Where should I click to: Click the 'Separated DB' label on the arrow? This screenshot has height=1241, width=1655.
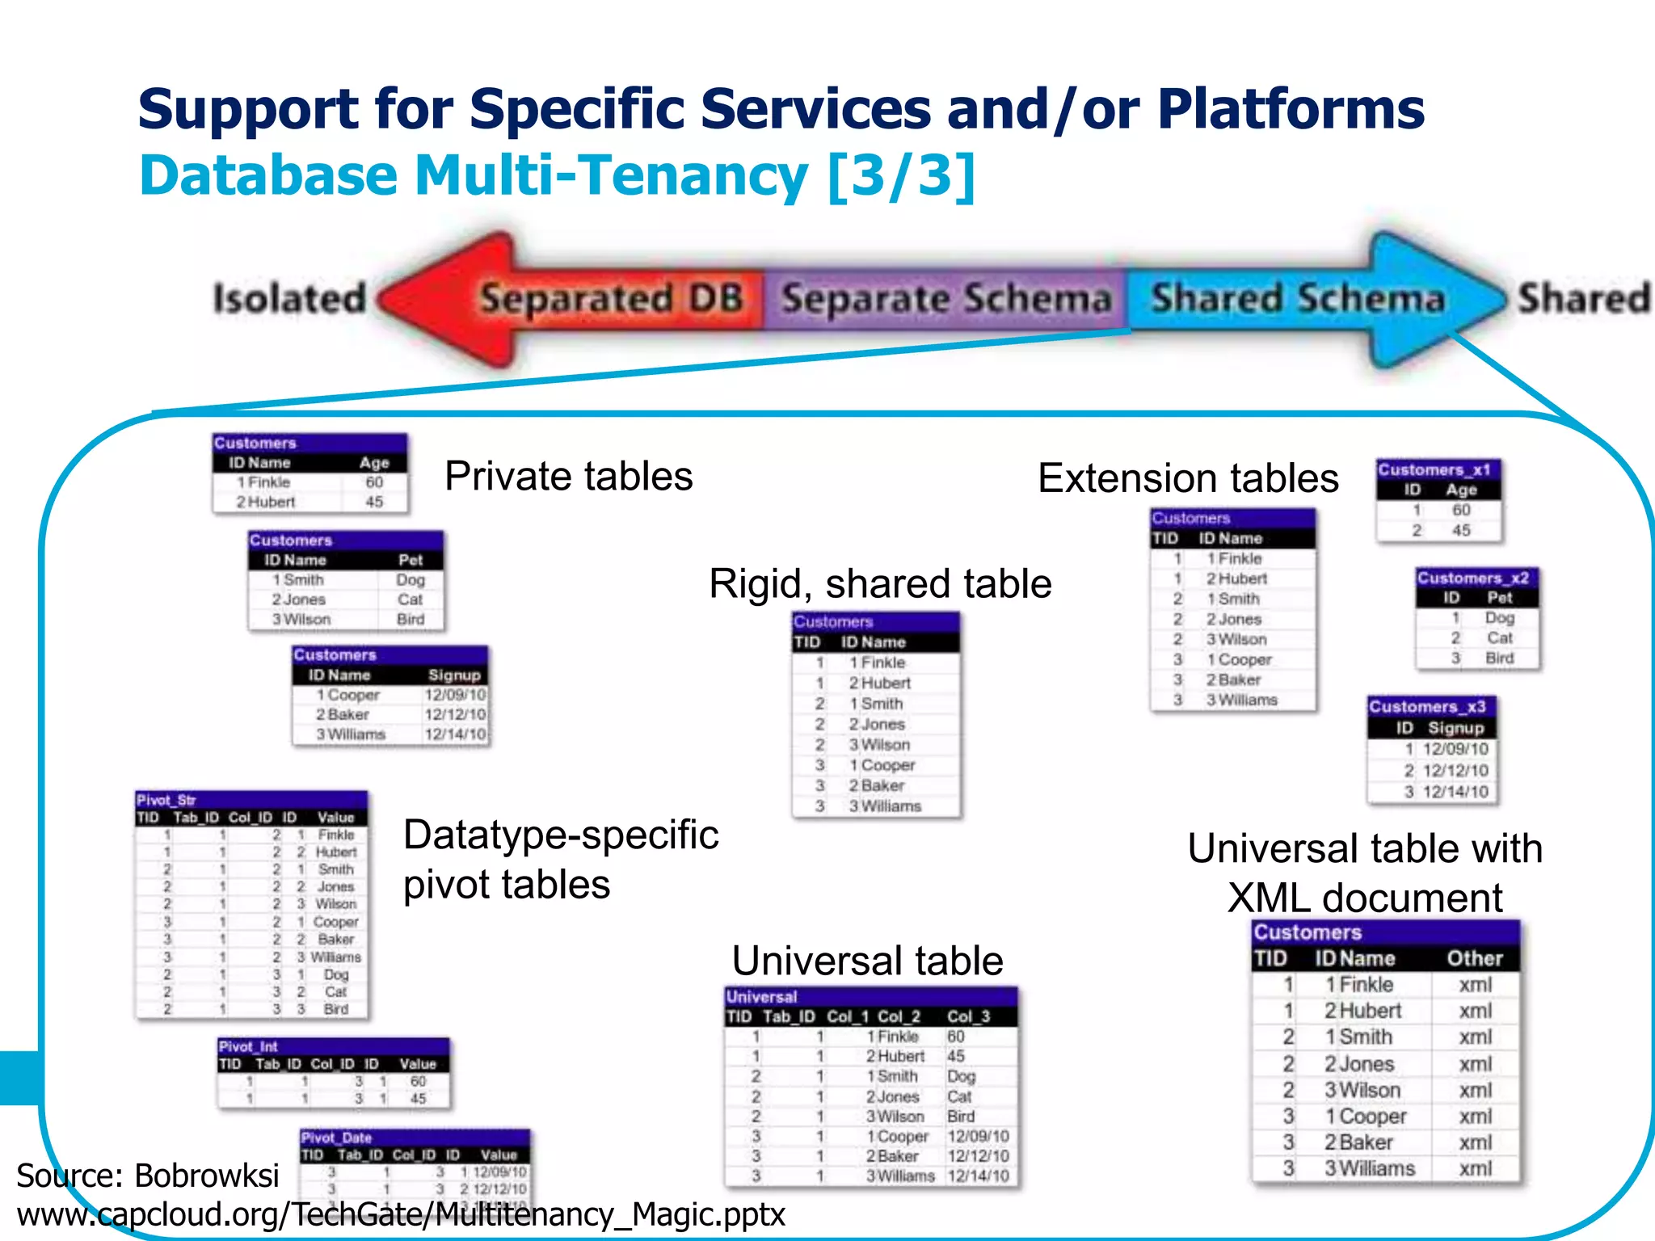[x=611, y=298]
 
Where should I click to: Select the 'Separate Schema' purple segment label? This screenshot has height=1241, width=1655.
[x=945, y=298]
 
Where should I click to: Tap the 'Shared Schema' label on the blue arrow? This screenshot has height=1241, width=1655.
[x=1297, y=298]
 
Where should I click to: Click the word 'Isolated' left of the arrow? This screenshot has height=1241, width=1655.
[x=289, y=298]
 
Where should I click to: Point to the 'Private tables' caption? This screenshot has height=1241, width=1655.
[x=568, y=476]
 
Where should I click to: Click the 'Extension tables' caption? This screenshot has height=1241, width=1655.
[x=1188, y=477]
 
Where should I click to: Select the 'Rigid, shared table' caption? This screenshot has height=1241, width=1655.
[x=880, y=583]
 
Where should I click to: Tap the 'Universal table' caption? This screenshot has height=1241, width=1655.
[x=867, y=961]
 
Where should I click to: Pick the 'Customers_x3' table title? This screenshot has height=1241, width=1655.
[x=1427, y=706]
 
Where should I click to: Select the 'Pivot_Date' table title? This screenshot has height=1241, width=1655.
[x=336, y=1138]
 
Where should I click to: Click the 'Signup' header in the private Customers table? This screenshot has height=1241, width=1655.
[x=454, y=675]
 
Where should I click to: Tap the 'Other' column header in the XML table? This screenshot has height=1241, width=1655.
[x=1475, y=958]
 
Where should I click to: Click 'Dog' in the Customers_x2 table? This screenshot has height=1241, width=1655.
[x=1499, y=618]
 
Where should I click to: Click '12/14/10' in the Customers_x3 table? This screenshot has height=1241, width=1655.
[x=1455, y=792]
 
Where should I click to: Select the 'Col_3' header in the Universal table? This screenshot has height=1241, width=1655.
[x=968, y=1016]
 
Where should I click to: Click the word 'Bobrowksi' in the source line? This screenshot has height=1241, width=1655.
[x=206, y=1176]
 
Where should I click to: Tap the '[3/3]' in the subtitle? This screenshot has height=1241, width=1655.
[x=901, y=175]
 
